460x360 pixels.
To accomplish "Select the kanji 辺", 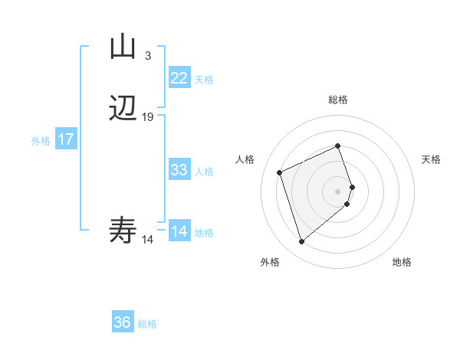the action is pyautogui.click(x=123, y=109).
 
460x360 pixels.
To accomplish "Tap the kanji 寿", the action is pyautogui.click(x=123, y=230).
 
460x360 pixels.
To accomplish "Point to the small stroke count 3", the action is pyautogui.click(x=147, y=56).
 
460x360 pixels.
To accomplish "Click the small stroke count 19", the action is pyautogui.click(x=148, y=117).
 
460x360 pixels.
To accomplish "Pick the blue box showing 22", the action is pyautogui.click(x=179, y=78).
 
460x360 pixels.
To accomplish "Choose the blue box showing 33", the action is pyautogui.click(x=179, y=170).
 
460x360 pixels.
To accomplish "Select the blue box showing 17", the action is pyautogui.click(x=65, y=139).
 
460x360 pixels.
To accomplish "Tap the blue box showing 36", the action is pyautogui.click(x=122, y=322).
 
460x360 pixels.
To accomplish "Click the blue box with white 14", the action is pyautogui.click(x=179, y=231).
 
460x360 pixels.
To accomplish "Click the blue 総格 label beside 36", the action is pyautogui.click(x=147, y=324).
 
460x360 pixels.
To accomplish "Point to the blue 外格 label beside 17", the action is pyautogui.click(x=40, y=141).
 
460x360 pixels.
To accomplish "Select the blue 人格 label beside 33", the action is pyautogui.click(x=205, y=172).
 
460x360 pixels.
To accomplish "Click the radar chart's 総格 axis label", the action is pyautogui.click(x=338, y=100).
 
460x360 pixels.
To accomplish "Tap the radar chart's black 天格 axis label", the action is pyautogui.click(x=431, y=159).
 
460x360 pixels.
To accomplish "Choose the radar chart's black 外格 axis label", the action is pyautogui.click(x=270, y=262).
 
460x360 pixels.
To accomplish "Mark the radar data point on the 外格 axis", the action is pyautogui.click(x=301, y=242).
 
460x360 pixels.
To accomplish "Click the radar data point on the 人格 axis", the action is pyautogui.click(x=281, y=172).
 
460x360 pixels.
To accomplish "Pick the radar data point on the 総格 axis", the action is pyautogui.click(x=338, y=146).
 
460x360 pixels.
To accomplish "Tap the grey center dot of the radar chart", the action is pyautogui.click(x=338, y=191).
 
